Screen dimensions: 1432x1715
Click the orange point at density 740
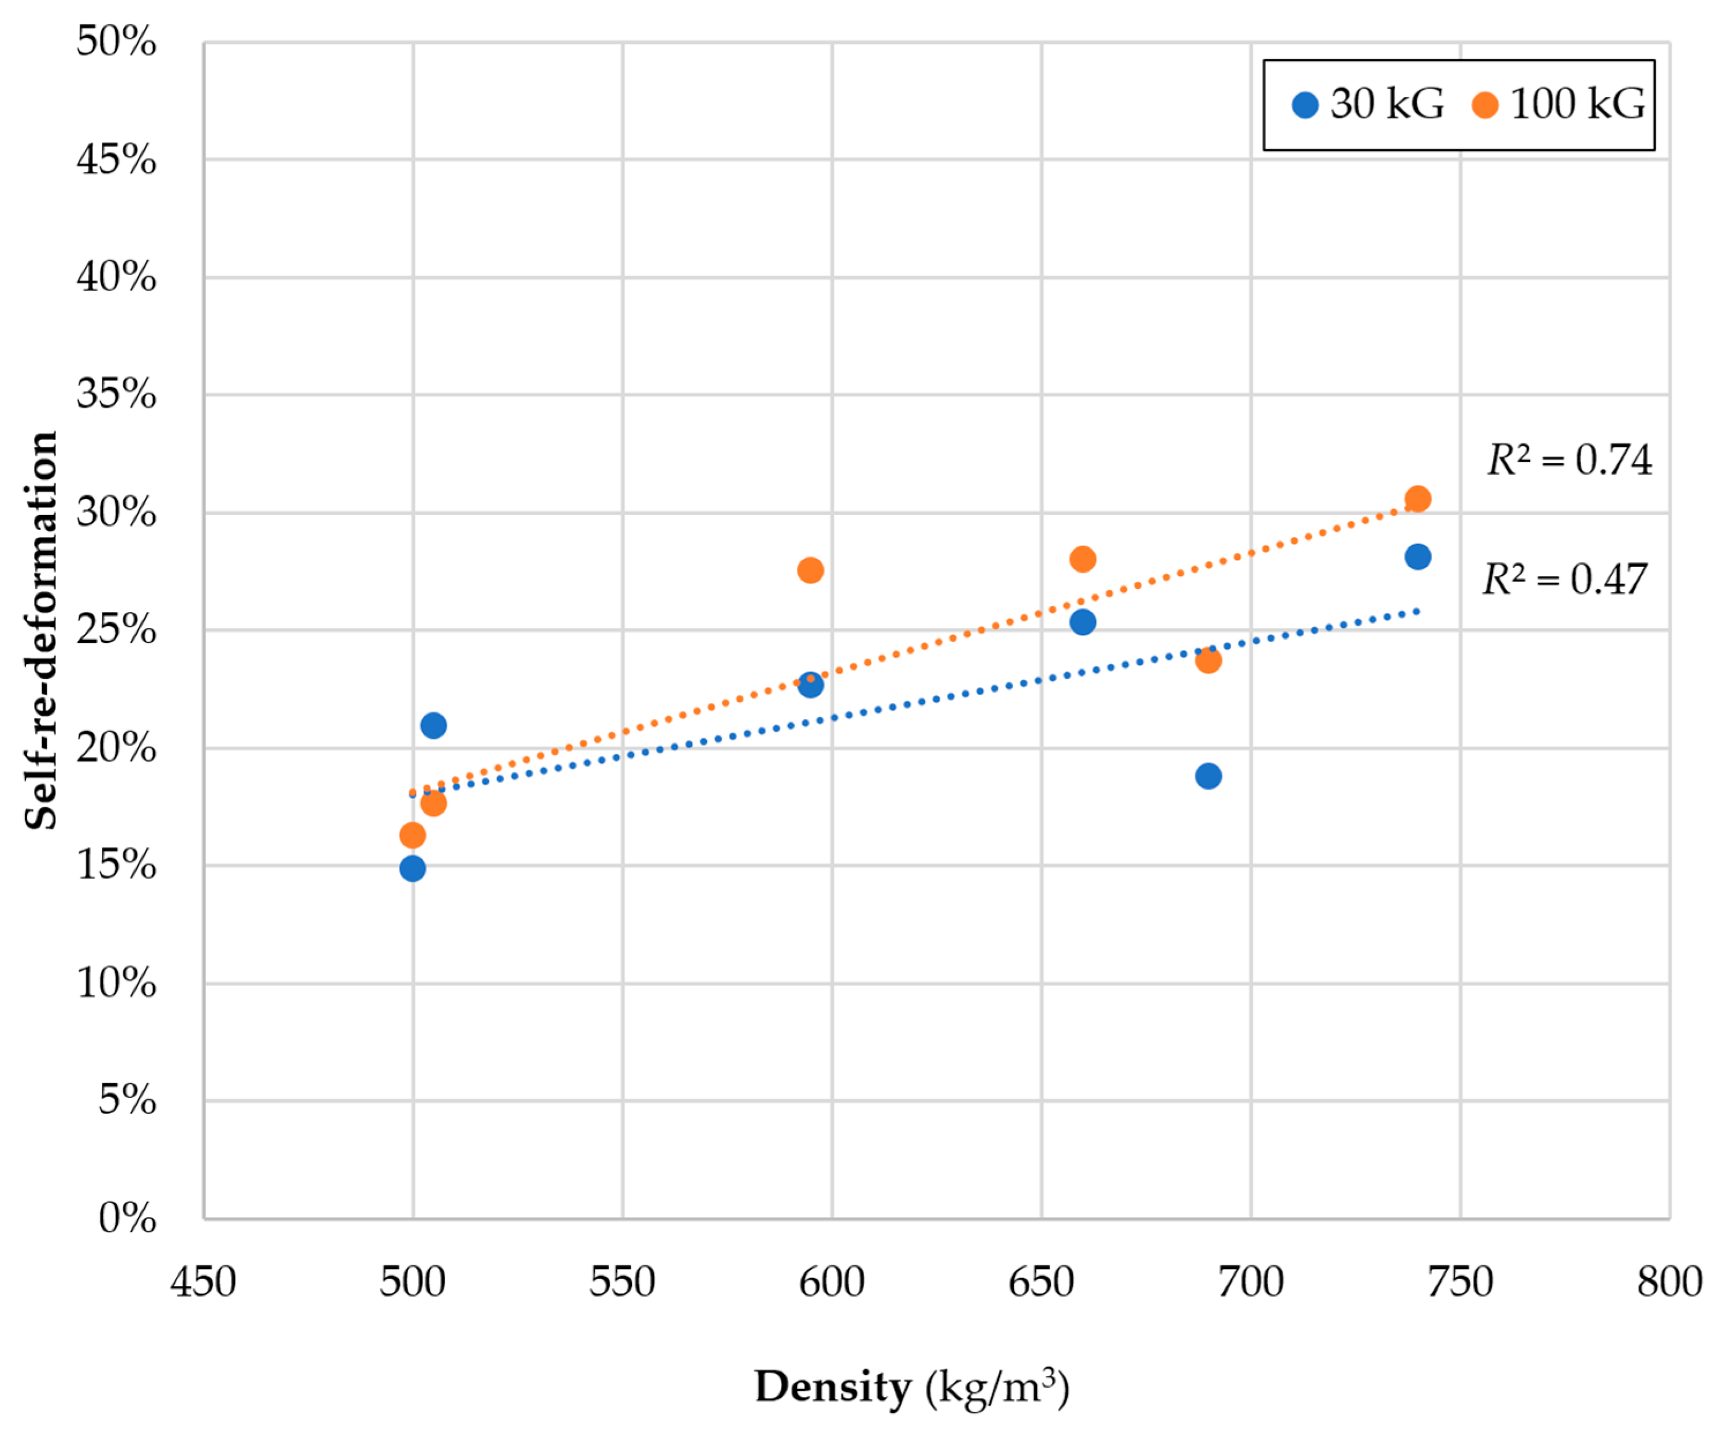coord(1418,499)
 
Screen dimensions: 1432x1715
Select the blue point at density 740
coord(1418,557)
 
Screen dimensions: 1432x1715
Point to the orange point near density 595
coord(810,570)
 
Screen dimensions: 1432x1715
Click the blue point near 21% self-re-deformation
coord(433,725)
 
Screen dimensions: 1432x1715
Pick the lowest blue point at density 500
coord(413,868)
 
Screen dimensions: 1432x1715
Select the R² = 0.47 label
coord(1564,580)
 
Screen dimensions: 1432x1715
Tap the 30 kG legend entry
coord(1368,104)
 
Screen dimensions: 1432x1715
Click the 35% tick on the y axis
coord(116,394)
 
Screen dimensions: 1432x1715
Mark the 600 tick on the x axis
coord(832,1282)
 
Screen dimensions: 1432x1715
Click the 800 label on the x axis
coord(1668,1282)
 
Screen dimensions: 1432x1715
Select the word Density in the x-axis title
coord(833,1386)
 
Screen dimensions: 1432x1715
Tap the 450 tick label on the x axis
coord(203,1282)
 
